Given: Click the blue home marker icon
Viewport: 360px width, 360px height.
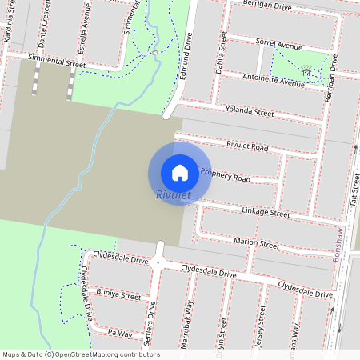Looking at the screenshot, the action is click(180, 172).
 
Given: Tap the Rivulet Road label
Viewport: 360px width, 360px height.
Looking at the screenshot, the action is click(247, 146).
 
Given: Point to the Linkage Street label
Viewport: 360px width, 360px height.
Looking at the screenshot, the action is click(265, 213).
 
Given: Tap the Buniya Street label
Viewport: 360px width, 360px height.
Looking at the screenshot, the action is click(118, 296).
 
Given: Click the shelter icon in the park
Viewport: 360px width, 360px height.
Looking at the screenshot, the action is click(307, 71).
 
